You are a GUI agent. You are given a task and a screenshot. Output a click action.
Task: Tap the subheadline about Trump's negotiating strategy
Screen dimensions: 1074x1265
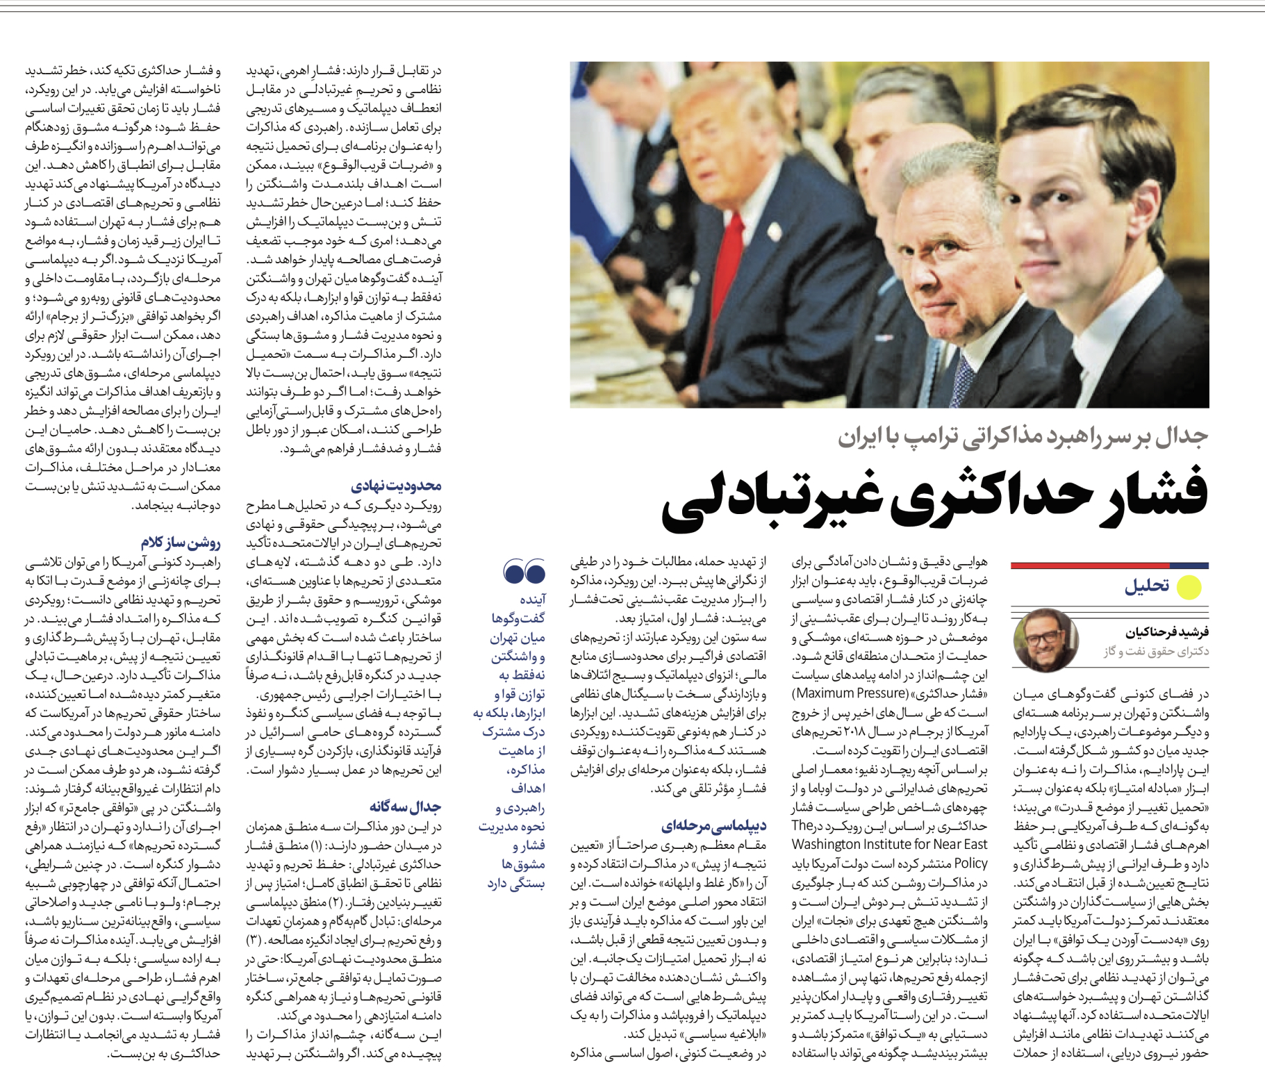(1023, 436)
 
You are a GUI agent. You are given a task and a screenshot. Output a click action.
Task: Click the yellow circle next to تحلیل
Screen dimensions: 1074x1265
(1189, 587)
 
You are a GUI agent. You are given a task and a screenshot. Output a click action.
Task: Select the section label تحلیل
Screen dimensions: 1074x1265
(1147, 586)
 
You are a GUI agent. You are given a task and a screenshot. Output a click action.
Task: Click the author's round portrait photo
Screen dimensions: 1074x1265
(1045, 640)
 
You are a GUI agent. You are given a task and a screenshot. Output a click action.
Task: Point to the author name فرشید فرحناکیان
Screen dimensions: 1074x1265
(1167, 632)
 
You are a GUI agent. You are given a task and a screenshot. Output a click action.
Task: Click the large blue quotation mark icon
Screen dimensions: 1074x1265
(524, 572)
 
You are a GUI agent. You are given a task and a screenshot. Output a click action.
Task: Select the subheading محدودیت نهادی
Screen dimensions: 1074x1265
(396, 486)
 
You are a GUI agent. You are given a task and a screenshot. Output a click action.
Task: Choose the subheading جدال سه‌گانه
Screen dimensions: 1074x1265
(405, 807)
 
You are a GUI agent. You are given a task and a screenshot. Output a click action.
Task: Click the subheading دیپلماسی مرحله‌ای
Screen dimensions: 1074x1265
(713, 826)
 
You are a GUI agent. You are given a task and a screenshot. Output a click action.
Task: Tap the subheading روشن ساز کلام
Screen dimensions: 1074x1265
(180, 543)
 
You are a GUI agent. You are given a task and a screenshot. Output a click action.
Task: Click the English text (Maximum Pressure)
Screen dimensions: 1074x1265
(850, 693)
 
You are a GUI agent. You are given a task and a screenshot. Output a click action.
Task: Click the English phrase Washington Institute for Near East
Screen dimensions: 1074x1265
(889, 845)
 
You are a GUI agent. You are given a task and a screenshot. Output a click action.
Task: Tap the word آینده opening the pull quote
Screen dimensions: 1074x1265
(532, 600)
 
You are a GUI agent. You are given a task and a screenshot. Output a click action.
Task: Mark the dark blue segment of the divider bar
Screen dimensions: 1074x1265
(1189, 565)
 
